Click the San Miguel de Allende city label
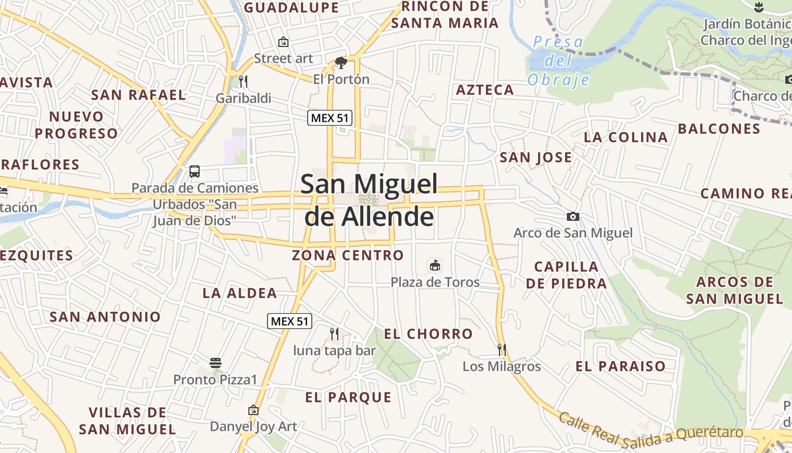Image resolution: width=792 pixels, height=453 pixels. click(369, 200)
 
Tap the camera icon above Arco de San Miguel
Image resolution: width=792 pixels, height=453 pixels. click(573, 216)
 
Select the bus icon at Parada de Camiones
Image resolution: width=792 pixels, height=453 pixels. click(195, 171)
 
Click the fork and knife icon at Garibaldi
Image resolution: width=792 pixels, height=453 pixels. click(243, 82)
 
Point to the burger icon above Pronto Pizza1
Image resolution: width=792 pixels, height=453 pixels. click(215, 362)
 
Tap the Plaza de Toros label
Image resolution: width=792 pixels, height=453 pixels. click(435, 282)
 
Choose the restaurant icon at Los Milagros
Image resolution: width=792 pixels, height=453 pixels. click(501, 349)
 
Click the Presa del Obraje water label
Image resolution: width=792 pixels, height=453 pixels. click(558, 61)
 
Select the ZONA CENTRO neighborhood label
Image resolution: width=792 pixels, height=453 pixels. click(347, 255)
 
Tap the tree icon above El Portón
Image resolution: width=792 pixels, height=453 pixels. click(341, 62)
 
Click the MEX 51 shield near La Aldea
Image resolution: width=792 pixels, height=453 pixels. click(290, 322)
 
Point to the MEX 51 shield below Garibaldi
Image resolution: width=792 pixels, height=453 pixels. click(330, 118)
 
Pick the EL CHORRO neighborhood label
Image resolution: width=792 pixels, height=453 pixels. click(428, 334)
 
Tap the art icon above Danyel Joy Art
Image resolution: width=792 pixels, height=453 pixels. click(253, 410)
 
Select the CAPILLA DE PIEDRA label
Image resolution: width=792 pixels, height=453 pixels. click(566, 275)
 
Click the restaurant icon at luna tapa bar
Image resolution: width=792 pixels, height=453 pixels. click(334, 334)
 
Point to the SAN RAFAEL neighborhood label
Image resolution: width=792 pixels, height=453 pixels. click(139, 95)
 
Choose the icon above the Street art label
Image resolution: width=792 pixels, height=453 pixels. click(283, 42)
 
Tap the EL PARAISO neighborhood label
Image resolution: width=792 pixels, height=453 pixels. click(621, 366)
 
